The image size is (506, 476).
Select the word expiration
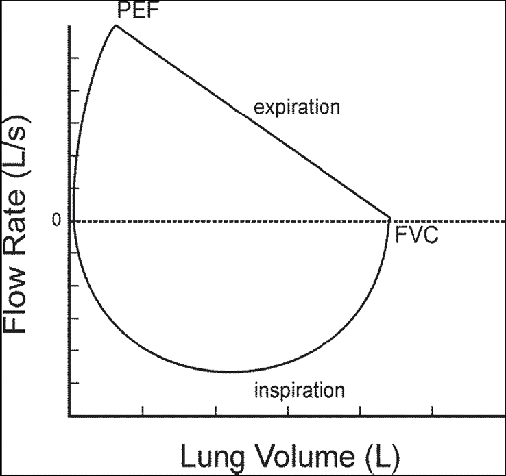[297, 108]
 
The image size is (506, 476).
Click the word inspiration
[299, 391]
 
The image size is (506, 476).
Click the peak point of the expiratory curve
[116, 26]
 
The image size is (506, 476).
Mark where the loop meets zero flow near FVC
[389, 219]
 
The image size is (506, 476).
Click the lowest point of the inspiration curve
[232, 372]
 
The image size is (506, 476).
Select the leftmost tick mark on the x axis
[143, 412]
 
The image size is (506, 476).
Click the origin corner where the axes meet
[69, 415]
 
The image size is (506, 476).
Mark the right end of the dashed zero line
[504, 221]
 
